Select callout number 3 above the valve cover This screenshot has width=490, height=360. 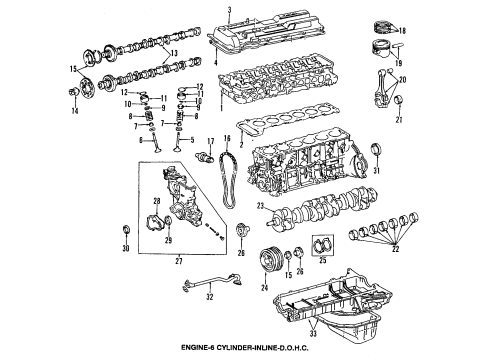[x=228, y=9]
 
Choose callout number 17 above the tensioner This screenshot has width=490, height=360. [x=210, y=141]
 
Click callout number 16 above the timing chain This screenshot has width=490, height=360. [x=227, y=141]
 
